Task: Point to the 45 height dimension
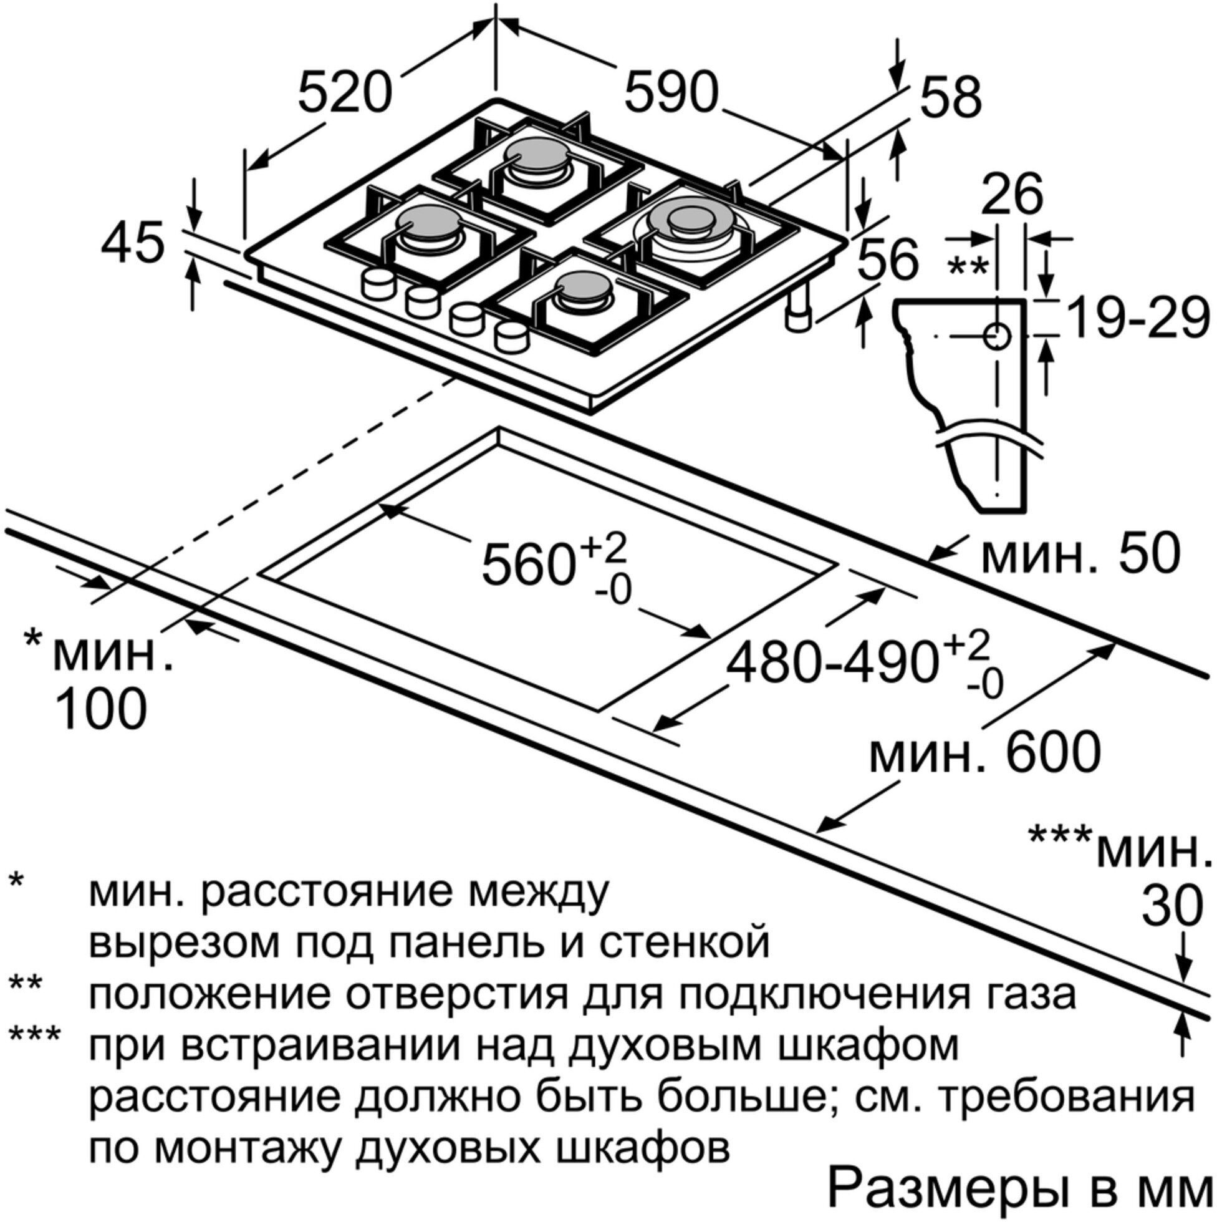point(133,243)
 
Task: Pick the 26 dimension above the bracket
point(1011,193)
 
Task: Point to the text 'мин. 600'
point(985,753)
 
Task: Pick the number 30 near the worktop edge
point(1171,906)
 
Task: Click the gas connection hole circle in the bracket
point(997,336)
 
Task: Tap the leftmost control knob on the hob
point(377,282)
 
